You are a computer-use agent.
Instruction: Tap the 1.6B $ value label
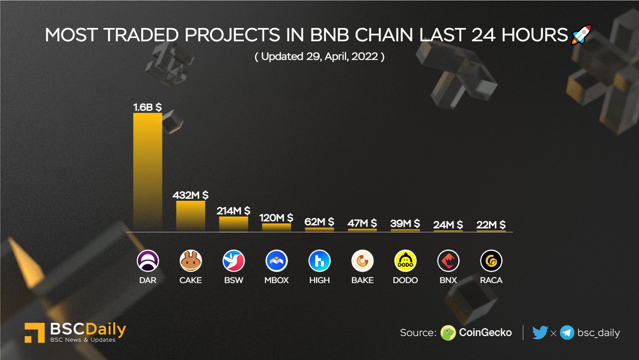pos(147,107)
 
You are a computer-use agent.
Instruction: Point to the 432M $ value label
pos(190,195)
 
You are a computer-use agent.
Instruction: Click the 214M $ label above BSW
pos(233,211)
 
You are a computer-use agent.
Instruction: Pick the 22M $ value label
pos(491,225)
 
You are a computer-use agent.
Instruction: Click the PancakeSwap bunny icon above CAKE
pos(190,261)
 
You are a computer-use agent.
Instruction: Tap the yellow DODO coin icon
pos(405,261)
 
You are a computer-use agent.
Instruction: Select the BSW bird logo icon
pos(233,261)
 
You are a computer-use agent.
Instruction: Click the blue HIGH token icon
pos(319,261)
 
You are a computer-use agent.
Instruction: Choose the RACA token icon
pos(491,261)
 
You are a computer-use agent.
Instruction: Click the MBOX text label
pos(276,280)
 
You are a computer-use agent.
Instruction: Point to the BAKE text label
pos(362,280)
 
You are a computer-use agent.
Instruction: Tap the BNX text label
pos(448,280)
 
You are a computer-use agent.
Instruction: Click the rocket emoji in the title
pos(581,35)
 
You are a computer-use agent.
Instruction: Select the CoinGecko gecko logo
pos(448,333)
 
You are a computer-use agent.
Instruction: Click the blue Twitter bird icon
pos(539,332)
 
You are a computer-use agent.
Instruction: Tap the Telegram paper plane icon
pos(567,333)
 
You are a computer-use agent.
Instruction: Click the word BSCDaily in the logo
pos(88,329)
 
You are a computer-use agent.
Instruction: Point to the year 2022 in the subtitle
pos(364,57)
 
